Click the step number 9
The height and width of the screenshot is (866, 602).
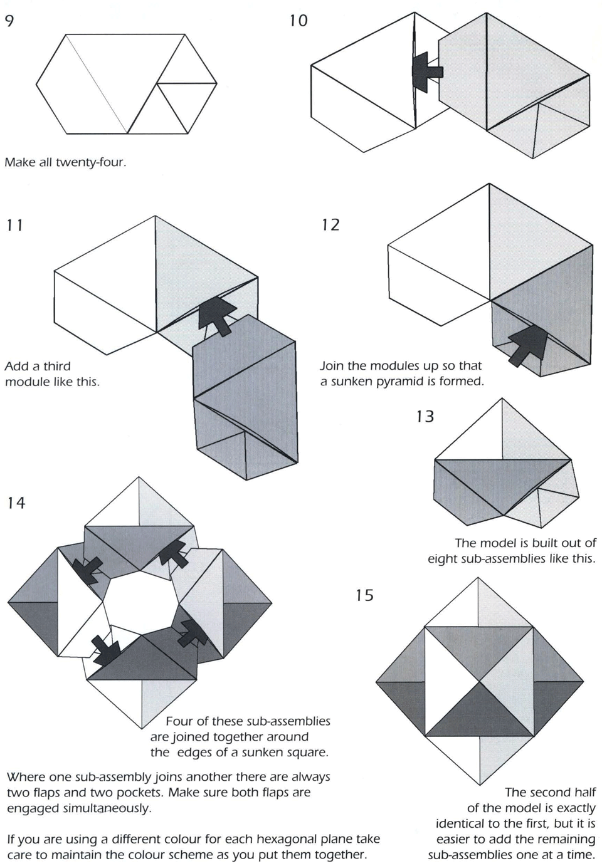pos(9,21)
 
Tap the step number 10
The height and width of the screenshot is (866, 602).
pos(298,21)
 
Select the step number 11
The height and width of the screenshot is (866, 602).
pos(15,225)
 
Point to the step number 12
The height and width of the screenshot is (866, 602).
pos(330,224)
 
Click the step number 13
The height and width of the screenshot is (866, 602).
pos(425,416)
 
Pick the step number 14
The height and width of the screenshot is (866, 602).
pos(16,503)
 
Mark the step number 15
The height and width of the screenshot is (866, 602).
pos(364,595)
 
